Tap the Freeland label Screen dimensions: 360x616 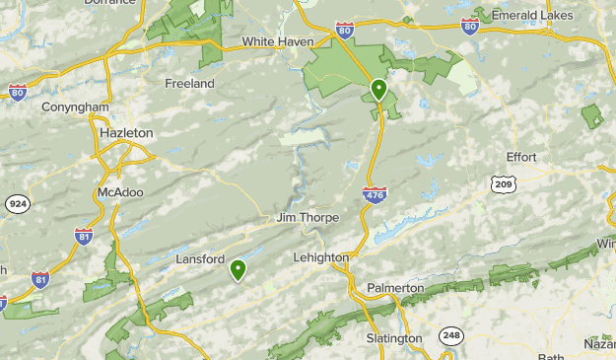click(189, 84)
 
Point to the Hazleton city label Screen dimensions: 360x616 click(126, 132)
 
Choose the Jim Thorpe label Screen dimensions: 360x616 click(308, 218)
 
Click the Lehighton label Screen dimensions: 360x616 click(321, 257)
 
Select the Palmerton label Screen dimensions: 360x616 click(395, 288)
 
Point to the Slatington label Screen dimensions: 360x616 click(393, 338)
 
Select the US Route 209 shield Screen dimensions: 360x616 click(504, 183)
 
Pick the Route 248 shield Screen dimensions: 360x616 click(451, 336)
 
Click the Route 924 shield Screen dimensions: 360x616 click(16, 204)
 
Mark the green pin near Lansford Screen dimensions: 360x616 click(238, 269)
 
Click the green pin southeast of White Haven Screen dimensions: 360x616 click(378, 91)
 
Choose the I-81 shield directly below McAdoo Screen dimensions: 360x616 click(85, 237)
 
